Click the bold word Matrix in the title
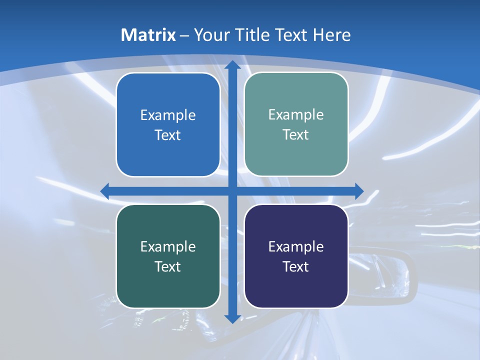pyautogui.click(x=148, y=35)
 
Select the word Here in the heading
pyautogui.click(x=331, y=35)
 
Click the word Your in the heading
pyautogui.click(x=210, y=35)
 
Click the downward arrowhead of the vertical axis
pyautogui.click(x=232, y=318)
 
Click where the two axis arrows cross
pyautogui.click(x=232, y=191)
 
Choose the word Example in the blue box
pyautogui.click(x=168, y=115)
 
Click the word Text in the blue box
pyautogui.click(x=168, y=135)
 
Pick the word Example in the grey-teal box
pyautogui.click(x=296, y=115)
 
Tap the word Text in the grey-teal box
pyautogui.click(x=296, y=135)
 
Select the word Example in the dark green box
pyautogui.click(x=168, y=247)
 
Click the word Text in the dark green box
pyautogui.click(x=168, y=267)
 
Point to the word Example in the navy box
pyautogui.click(x=296, y=247)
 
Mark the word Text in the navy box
pyautogui.click(x=296, y=267)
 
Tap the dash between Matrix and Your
pyautogui.click(x=184, y=35)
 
